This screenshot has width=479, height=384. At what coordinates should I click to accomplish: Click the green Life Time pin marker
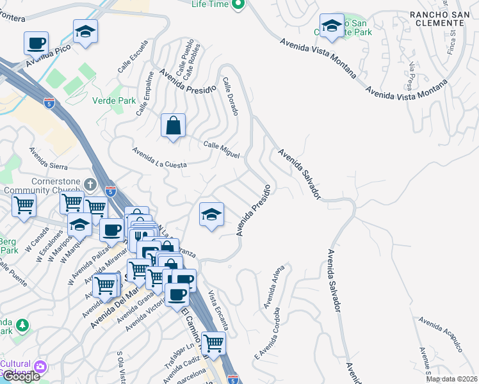pyautogui.click(x=238, y=4)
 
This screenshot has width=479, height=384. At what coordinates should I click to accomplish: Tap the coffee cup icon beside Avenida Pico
pyautogui.click(x=36, y=44)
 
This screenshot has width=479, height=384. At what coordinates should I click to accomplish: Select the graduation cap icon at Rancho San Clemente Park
pyautogui.click(x=332, y=26)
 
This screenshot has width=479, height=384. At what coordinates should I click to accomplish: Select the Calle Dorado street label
pyautogui.click(x=231, y=97)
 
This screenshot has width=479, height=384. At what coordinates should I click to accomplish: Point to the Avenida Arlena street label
pyautogui.click(x=273, y=286)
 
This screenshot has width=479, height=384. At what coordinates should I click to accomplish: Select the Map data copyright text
pyautogui.click(x=452, y=379)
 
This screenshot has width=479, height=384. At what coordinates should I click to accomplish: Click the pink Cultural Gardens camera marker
pyautogui.click(x=40, y=366)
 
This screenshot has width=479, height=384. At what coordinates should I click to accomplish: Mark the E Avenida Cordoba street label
pyautogui.click(x=268, y=333)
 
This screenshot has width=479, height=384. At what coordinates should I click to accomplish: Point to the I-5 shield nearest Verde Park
pyautogui.click(x=49, y=102)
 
